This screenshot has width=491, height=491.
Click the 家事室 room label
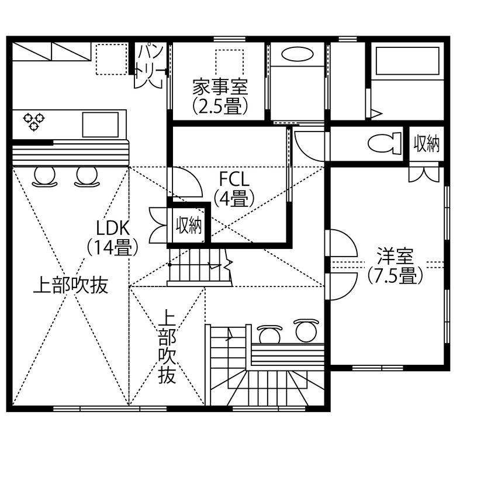(x=220, y=88)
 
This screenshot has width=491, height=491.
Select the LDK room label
(x=113, y=227)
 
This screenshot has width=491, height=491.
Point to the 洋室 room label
(x=395, y=256)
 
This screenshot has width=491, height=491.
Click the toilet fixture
(x=384, y=142)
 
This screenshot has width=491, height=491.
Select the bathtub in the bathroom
(x=407, y=61)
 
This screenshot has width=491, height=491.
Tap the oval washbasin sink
(x=298, y=54)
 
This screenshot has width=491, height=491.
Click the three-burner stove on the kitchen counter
(x=34, y=121)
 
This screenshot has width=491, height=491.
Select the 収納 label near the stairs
(x=189, y=225)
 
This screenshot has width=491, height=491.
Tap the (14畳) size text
(x=113, y=247)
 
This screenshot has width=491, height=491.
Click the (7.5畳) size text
(x=395, y=275)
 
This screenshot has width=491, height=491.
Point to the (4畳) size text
(x=233, y=199)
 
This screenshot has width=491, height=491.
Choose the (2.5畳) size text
(x=220, y=106)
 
